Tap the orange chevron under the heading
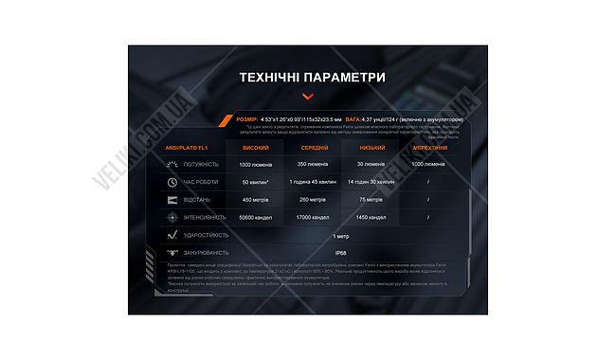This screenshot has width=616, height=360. point(307,96)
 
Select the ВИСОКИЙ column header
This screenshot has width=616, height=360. point(256,148)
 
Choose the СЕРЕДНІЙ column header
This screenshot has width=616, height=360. point(316,148)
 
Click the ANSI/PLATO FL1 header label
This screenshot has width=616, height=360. point(187,148)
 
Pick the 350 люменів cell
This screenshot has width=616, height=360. point(316,164)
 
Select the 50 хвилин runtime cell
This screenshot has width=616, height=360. point(256,181)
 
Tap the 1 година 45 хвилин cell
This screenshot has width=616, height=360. point(316,181)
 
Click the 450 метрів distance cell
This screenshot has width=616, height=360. point(256,199)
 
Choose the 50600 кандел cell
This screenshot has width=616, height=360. point(256,217)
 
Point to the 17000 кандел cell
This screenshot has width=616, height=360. point(316,217)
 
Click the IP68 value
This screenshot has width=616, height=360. point(340,252)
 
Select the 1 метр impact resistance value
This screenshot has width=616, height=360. point(340,234)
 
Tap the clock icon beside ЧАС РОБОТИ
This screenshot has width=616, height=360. point(172,181)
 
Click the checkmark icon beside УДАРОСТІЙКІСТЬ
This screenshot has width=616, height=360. point(172,234)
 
